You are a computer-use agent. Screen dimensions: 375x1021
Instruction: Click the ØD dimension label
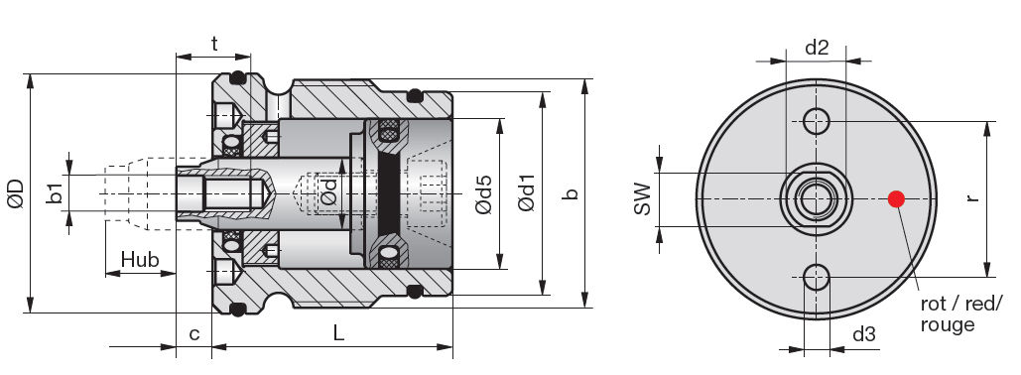[14, 193]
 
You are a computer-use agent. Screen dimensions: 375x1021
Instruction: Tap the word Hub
[140, 260]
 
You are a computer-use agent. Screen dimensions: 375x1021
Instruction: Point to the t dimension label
[214, 43]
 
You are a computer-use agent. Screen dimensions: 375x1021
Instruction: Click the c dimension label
[194, 334]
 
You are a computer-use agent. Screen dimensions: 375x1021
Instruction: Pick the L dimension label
[338, 334]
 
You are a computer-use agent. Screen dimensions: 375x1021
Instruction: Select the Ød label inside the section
[330, 192]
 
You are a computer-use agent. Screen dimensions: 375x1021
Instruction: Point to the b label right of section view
[570, 193]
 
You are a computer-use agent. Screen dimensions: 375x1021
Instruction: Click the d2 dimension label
[816, 46]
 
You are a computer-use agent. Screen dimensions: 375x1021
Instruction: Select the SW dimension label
[642, 198]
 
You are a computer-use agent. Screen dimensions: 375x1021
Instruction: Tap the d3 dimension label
[864, 335]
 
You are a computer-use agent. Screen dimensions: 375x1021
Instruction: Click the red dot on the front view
[896, 198]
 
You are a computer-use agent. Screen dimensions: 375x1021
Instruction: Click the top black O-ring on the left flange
[237, 78]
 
